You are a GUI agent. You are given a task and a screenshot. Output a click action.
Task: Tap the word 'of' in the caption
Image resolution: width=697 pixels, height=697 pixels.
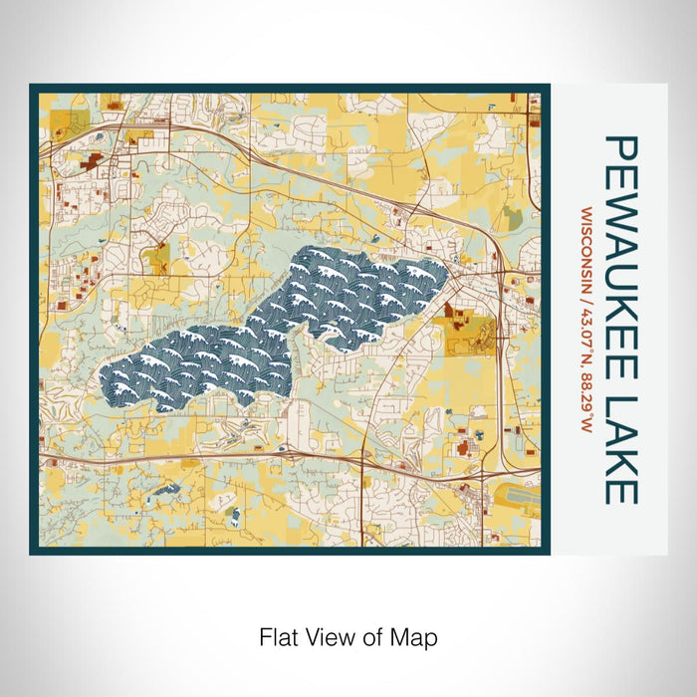[x=374, y=635]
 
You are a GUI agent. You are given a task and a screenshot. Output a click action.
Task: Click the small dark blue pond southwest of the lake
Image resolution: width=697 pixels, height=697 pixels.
[x=163, y=490]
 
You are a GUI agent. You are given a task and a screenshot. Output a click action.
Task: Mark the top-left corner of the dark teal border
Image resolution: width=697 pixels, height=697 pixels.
[x=32, y=87]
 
